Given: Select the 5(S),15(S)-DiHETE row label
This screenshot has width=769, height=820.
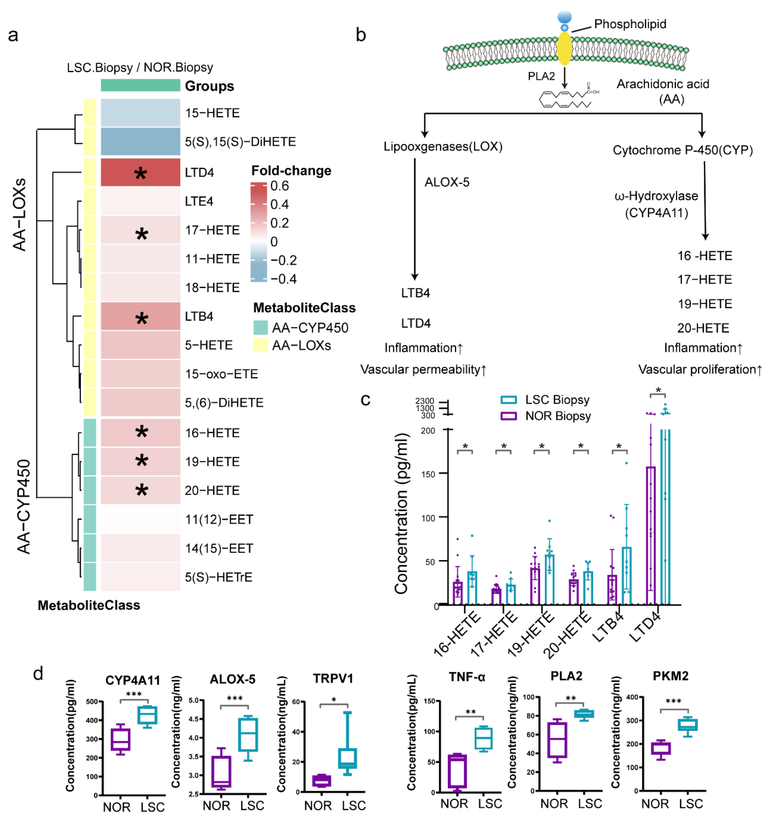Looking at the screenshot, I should [240, 142].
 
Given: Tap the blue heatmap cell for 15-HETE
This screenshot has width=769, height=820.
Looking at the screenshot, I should [140, 113].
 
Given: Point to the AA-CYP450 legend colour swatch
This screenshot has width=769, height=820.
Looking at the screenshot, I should [260, 327].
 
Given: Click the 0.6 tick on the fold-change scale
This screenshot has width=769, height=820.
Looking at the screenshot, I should [279, 186].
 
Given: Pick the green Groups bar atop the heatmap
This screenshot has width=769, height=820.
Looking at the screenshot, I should [140, 85].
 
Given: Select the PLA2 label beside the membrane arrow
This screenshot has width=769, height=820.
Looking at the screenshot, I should [541, 76].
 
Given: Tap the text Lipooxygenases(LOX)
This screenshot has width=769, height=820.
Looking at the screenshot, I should [443, 146].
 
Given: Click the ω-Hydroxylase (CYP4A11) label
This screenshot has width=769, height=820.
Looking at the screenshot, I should [656, 204].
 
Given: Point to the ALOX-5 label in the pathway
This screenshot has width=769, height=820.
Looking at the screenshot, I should [447, 182].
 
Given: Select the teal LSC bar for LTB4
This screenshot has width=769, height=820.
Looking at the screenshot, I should [626, 575].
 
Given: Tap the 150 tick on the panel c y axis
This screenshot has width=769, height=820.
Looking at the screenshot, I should [428, 474].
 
